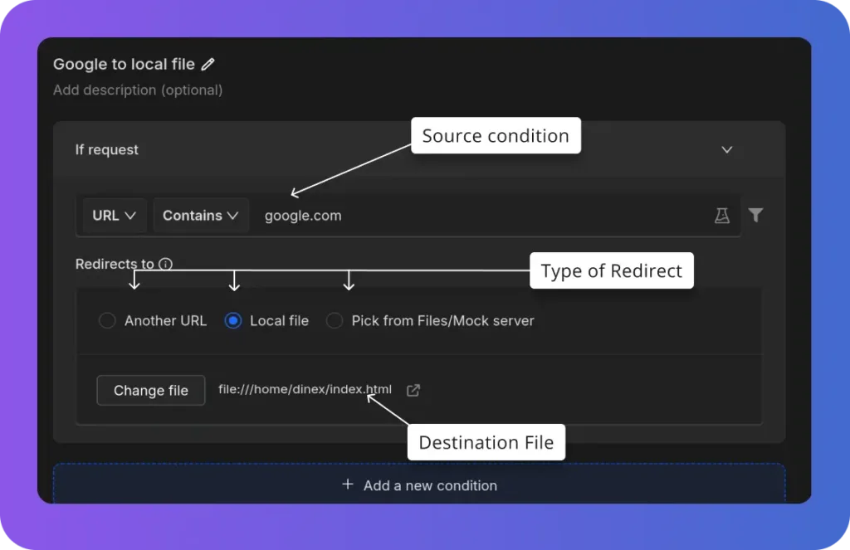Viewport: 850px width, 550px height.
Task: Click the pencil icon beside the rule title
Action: [208, 65]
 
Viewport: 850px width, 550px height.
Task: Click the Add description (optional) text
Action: [138, 90]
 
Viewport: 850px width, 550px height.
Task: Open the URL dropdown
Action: [114, 216]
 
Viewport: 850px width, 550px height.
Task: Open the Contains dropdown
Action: [201, 216]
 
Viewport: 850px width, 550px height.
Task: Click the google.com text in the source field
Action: [303, 216]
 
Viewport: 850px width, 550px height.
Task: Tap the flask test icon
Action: [721, 216]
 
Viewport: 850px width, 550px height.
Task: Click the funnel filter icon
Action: [755, 215]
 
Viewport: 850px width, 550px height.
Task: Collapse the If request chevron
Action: [727, 149]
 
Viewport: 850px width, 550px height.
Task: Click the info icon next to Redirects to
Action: [165, 264]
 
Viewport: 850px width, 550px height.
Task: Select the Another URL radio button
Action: [107, 321]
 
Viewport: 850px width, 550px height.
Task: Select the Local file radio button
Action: [233, 321]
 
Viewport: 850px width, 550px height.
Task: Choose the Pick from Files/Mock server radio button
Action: [335, 321]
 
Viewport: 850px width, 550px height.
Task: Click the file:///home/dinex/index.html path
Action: [305, 390]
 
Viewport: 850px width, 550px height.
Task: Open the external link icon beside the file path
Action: [413, 390]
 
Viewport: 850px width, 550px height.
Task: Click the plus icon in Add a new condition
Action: [348, 484]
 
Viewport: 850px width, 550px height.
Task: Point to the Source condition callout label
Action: [496, 135]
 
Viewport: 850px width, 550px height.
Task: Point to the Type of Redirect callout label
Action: [612, 270]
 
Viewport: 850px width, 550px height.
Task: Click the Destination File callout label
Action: [486, 442]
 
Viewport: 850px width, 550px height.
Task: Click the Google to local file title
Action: [124, 65]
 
